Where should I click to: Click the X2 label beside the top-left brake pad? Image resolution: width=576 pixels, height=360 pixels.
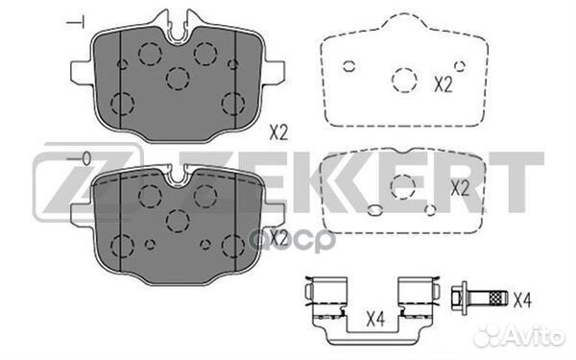point(278,134)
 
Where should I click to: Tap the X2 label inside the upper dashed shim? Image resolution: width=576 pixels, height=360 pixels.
point(443,84)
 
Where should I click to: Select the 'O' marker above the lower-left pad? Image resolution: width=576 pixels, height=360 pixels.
point(83,157)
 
